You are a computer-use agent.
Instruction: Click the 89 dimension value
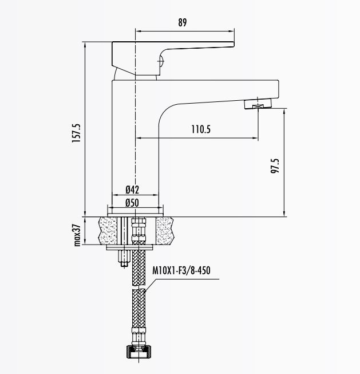tap(183, 23)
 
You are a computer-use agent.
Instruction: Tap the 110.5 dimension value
tap(200, 129)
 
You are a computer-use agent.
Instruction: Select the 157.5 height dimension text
tap(76, 134)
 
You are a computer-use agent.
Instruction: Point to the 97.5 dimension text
tap(275, 166)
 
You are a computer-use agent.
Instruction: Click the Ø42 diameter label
tap(132, 190)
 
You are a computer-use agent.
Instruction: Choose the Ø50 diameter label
tap(132, 202)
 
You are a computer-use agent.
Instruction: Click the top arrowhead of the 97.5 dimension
tap(284, 113)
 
